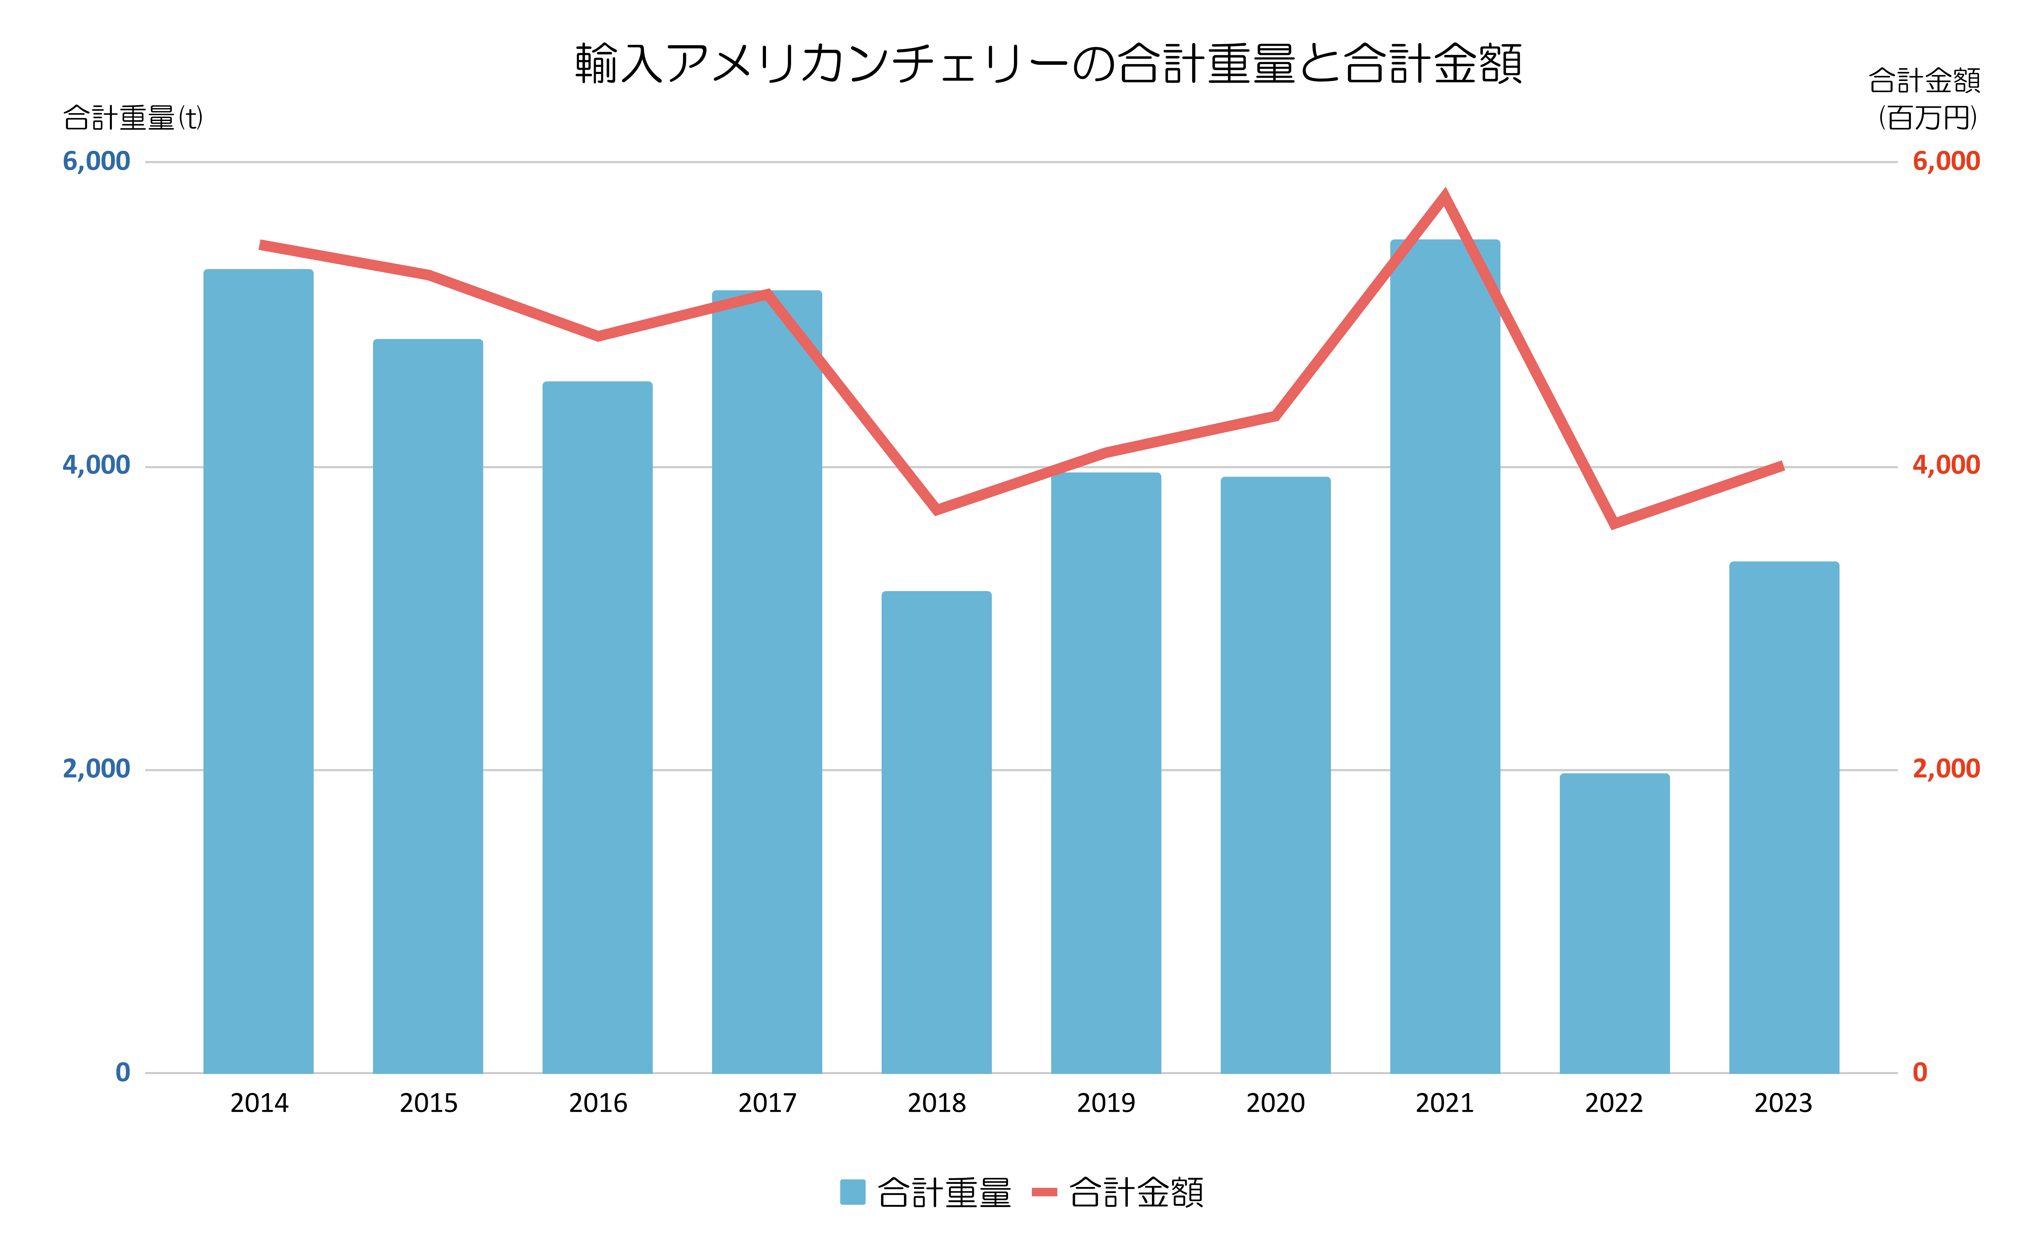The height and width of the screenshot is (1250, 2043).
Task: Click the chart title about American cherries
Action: click(x=1048, y=64)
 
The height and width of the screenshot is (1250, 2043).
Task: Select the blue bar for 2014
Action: click(x=259, y=671)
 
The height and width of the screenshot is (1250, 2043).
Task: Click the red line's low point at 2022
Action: click(x=1613, y=523)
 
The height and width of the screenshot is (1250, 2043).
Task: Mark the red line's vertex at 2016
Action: click(x=598, y=336)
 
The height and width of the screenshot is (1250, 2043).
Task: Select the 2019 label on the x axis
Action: click(x=1106, y=1103)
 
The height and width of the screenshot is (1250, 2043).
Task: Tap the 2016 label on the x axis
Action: click(x=598, y=1103)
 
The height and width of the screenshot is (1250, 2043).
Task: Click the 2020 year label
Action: click(x=1275, y=1103)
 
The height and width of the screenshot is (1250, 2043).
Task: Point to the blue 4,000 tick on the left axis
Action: click(x=96, y=465)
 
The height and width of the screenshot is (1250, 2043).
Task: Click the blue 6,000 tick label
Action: click(x=96, y=161)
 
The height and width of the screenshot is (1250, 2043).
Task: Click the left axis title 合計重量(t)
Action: click(x=133, y=118)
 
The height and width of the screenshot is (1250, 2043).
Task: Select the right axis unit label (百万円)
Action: click(x=1927, y=118)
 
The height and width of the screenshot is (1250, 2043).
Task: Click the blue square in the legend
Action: click(x=852, y=1192)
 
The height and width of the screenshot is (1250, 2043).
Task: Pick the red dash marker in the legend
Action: click(x=1044, y=1192)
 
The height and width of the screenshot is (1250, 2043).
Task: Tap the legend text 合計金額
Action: click(x=1136, y=1192)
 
